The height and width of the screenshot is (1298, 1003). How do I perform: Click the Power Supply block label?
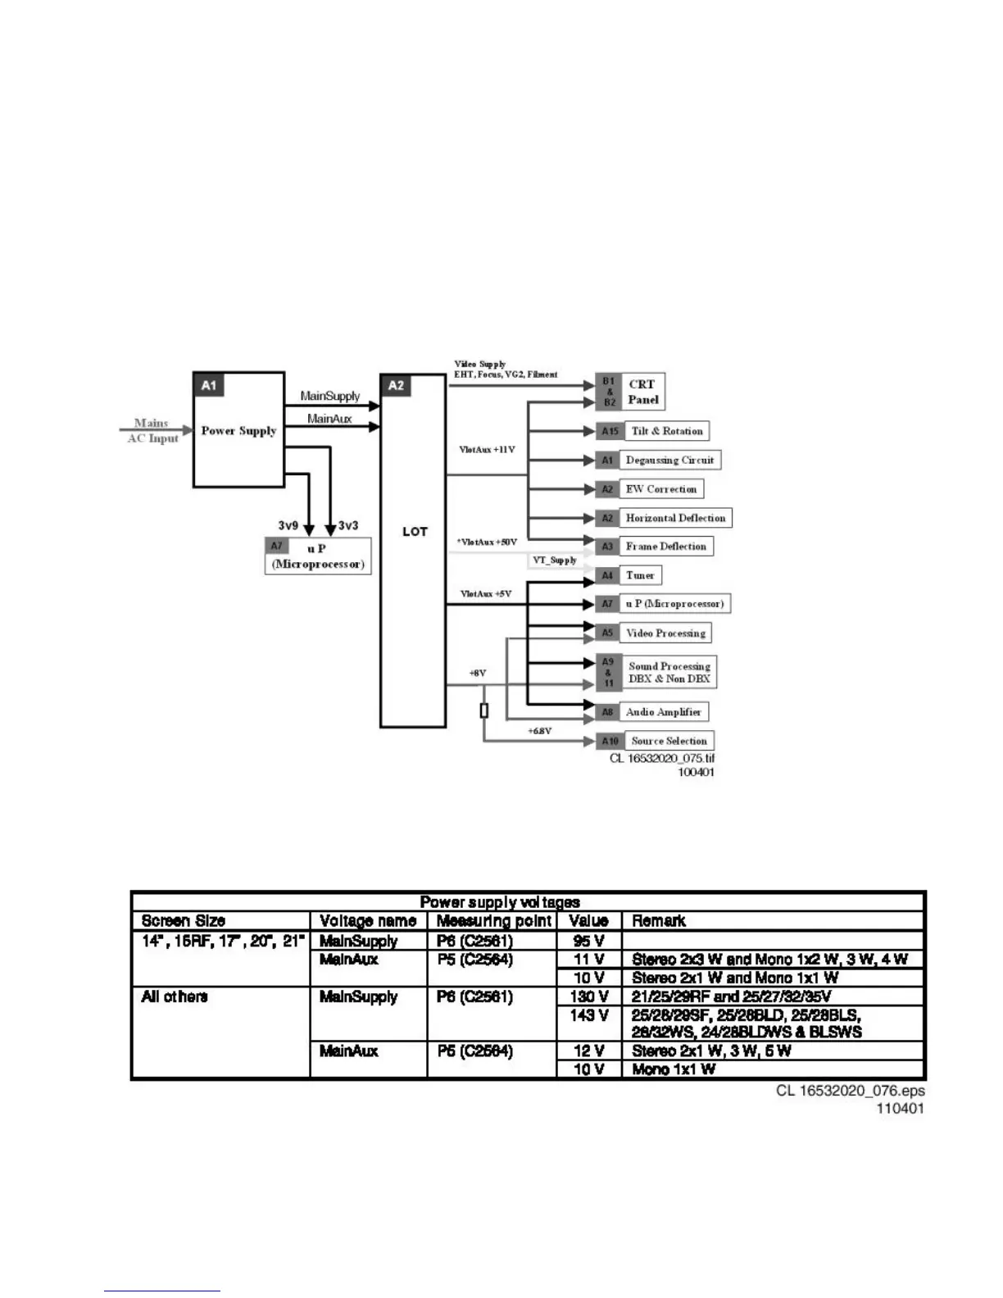(x=238, y=430)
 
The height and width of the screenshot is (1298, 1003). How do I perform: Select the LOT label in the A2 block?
(x=415, y=531)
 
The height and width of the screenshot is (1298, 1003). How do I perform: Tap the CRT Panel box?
(x=642, y=392)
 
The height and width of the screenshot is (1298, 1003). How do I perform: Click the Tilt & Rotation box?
(x=666, y=431)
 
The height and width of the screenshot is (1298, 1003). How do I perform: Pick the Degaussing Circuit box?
(x=669, y=461)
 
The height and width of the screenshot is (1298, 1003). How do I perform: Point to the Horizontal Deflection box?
(x=675, y=518)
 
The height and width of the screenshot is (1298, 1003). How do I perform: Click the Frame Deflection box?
(x=665, y=547)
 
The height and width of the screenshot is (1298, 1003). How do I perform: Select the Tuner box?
(x=640, y=575)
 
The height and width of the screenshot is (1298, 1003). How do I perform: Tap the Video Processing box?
(x=665, y=633)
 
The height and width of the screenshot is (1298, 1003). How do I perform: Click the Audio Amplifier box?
(x=663, y=712)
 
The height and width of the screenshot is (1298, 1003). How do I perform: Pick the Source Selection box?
(x=669, y=741)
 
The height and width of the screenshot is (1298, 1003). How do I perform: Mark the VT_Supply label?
(x=555, y=560)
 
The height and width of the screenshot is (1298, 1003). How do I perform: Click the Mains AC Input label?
(x=152, y=431)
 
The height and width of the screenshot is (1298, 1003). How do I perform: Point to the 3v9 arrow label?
(x=288, y=525)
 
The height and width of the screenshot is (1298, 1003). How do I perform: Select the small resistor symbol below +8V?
(x=484, y=710)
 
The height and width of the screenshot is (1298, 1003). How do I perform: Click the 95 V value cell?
(x=588, y=941)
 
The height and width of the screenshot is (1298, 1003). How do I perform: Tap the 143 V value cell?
(x=588, y=1015)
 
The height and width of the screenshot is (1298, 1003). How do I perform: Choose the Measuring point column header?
(x=493, y=921)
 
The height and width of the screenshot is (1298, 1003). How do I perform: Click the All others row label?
(x=175, y=996)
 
